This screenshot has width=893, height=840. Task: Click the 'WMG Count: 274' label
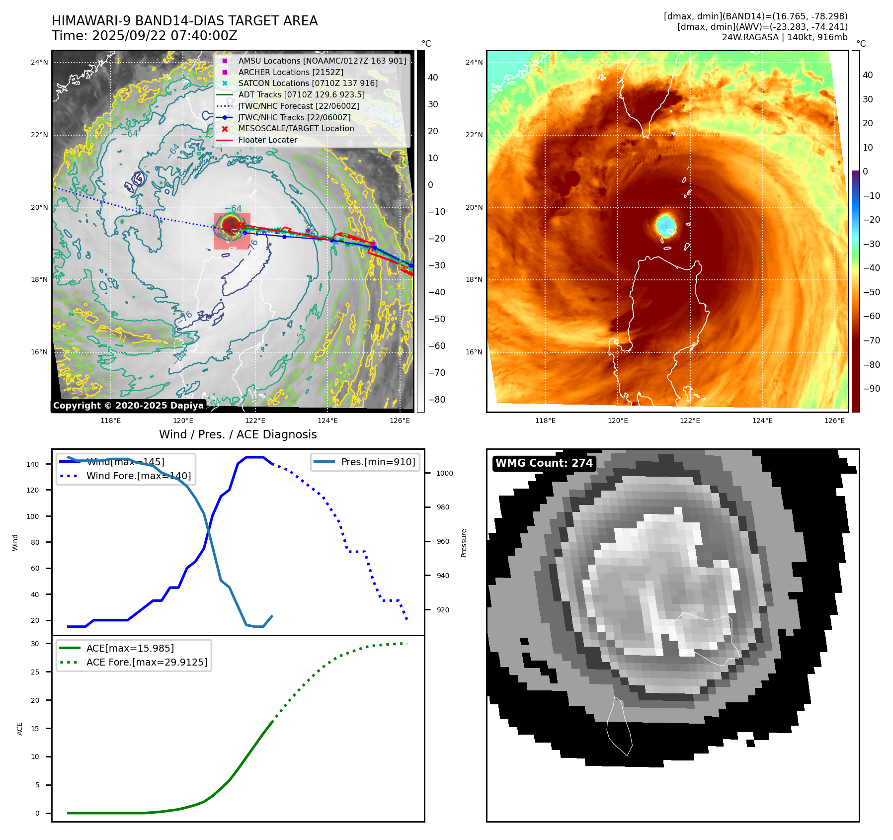click(x=544, y=463)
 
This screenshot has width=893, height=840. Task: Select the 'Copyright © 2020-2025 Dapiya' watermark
click(x=128, y=406)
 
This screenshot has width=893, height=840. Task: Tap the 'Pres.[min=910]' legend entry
click(x=378, y=462)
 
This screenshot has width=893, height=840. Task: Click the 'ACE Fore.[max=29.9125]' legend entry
click(x=147, y=662)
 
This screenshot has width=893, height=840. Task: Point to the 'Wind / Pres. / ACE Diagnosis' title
click(x=238, y=434)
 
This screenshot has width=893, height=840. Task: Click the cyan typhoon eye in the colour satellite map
click(x=665, y=225)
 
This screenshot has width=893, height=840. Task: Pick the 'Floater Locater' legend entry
click(x=267, y=140)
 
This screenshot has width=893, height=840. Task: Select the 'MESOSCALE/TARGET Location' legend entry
click(x=296, y=129)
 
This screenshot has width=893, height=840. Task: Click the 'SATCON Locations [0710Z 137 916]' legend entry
click(x=308, y=84)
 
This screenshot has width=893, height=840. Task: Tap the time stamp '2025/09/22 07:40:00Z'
click(x=164, y=36)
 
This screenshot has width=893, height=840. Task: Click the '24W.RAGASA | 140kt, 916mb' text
click(x=784, y=37)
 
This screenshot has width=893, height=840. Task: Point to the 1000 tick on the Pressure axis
click(x=444, y=473)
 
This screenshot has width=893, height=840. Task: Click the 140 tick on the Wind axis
click(x=33, y=464)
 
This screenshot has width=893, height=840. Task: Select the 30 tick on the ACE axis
click(x=35, y=644)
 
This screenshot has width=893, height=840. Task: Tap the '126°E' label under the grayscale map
click(x=400, y=421)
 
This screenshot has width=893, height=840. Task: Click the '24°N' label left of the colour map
click(x=474, y=63)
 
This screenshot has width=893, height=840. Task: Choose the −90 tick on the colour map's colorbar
click(x=871, y=389)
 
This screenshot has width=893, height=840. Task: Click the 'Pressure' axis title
click(x=464, y=543)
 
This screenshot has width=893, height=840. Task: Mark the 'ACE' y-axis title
click(x=20, y=729)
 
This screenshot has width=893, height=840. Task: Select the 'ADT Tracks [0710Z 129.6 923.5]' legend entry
click(x=301, y=95)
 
